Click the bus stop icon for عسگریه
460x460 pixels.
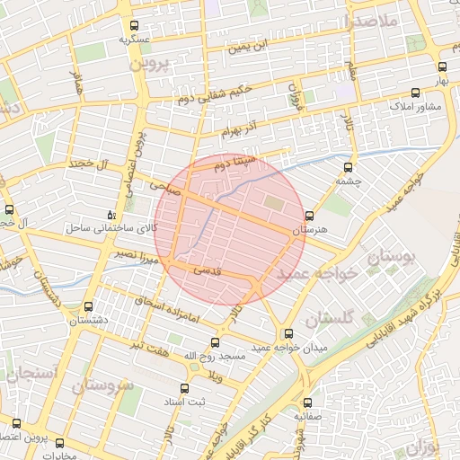[135, 26]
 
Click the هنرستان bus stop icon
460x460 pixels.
[310, 216]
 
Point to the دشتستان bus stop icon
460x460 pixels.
[87, 306]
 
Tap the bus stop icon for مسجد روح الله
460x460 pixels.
[214, 342]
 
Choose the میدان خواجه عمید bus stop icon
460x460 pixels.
[287, 332]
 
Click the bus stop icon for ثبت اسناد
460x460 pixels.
[184, 388]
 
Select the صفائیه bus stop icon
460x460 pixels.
[308, 402]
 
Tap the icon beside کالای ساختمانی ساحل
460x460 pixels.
[111, 215]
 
